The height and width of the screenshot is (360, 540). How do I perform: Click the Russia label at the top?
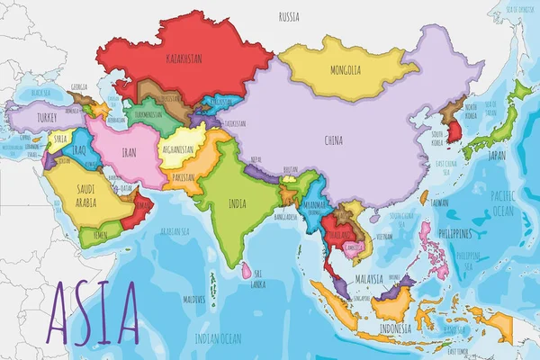289,16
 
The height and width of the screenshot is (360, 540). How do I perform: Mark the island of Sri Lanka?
245,270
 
